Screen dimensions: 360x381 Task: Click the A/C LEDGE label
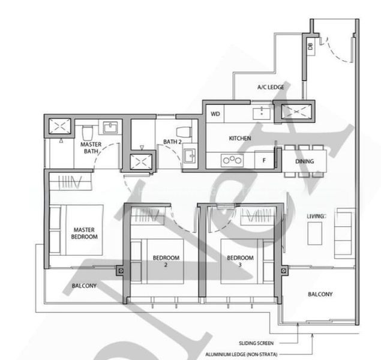tap(271, 87)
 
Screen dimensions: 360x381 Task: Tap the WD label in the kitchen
tap(215, 113)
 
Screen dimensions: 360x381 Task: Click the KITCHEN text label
tap(239, 139)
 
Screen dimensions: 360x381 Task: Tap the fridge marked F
tap(263, 160)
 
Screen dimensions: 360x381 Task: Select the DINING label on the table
tap(304, 161)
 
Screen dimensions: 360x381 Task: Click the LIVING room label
tap(316, 215)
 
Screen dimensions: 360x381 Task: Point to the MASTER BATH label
tap(91, 148)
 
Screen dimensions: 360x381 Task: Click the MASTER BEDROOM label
tap(85, 233)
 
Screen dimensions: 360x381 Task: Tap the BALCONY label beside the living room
tap(320, 294)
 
